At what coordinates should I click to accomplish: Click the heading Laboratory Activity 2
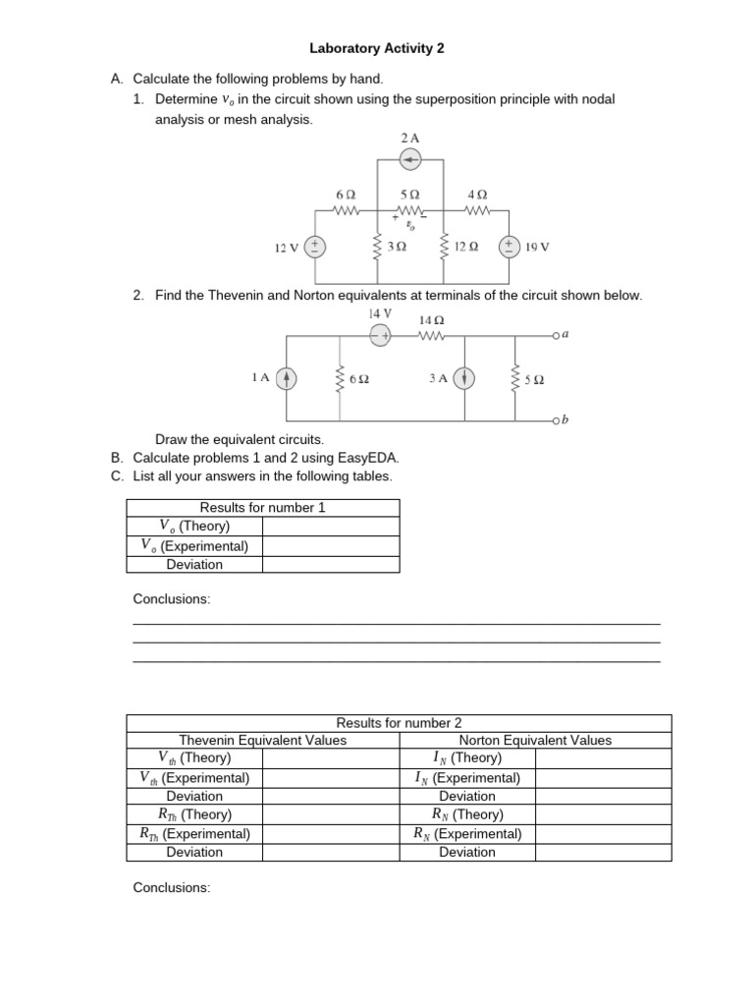point(370,47)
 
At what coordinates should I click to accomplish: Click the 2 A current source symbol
point(411,160)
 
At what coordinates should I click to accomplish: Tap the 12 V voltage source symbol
point(315,247)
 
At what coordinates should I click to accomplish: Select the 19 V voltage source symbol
point(510,247)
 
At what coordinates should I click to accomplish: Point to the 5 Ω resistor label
point(410,195)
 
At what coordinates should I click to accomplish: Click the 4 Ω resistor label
point(476,195)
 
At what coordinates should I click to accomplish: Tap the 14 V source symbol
point(380,336)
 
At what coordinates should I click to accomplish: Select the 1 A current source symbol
point(286,378)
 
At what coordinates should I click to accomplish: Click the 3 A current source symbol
point(465,378)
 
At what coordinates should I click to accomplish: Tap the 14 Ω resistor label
point(432,319)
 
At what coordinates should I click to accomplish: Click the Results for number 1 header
point(262,508)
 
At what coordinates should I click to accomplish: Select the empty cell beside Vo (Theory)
point(330,527)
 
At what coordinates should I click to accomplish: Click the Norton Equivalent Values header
point(535,741)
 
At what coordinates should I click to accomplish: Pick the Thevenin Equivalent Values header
point(262,741)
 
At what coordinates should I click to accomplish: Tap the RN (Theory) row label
point(467,814)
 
